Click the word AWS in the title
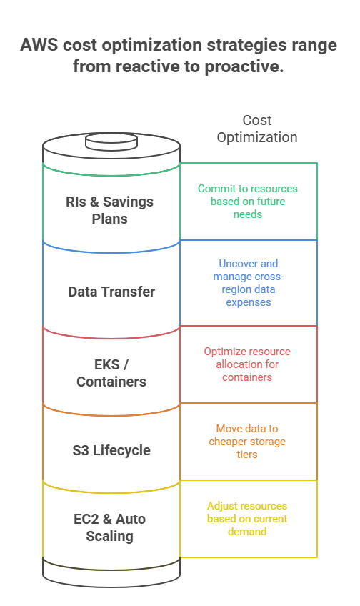click(x=39, y=45)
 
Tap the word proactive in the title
click(x=244, y=66)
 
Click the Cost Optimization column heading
click(x=257, y=129)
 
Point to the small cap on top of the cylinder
click(x=111, y=141)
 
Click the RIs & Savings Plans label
click(x=110, y=210)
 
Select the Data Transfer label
click(x=111, y=292)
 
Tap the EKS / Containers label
click(x=111, y=373)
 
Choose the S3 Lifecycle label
click(x=111, y=450)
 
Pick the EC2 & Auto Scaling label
click(x=110, y=527)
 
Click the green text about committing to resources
click(x=248, y=202)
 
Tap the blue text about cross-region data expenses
click(x=249, y=283)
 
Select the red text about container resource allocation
click(x=247, y=364)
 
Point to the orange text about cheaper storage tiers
click(x=247, y=442)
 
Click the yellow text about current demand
click(x=247, y=519)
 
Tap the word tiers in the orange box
click(x=247, y=454)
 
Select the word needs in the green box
click(x=248, y=214)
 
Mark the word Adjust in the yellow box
click(x=221, y=506)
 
